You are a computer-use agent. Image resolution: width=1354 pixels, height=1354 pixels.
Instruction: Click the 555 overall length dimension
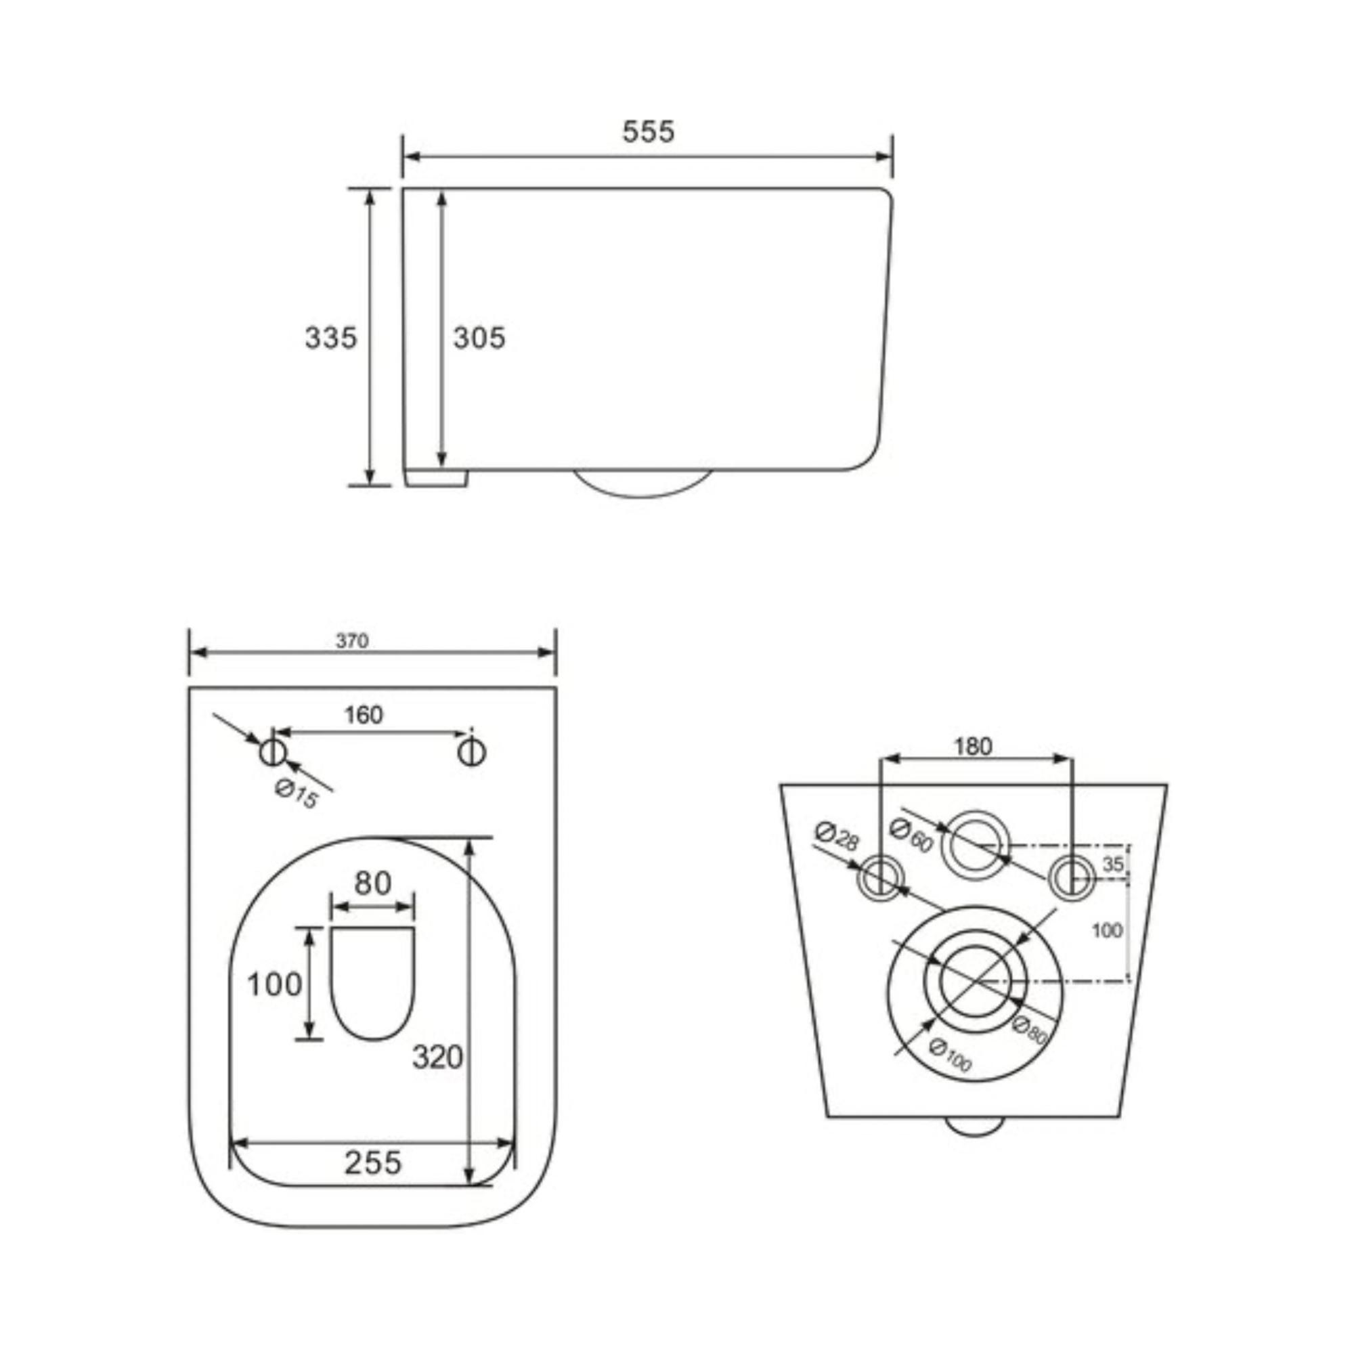649,131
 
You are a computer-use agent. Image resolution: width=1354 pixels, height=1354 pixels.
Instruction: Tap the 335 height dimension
331,338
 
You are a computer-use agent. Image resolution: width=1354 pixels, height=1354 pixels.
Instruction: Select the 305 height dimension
479,338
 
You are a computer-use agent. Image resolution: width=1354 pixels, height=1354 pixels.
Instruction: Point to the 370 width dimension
352,641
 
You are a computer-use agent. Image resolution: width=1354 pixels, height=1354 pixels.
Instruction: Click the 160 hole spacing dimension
364,715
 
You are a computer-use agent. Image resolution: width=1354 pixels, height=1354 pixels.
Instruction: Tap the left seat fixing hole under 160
273,753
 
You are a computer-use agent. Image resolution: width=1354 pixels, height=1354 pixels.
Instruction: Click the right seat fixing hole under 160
472,753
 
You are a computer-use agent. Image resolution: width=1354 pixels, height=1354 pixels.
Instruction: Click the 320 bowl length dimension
437,1057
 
